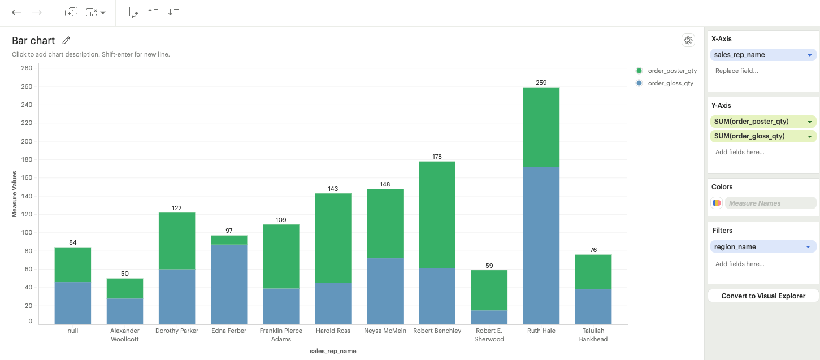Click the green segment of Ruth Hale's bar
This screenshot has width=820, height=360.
(x=541, y=127)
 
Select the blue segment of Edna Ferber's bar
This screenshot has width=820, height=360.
(x=229, y=284)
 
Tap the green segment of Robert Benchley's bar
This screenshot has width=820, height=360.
(x=437, y=215)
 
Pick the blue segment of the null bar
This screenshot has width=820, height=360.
(x=73, y=303)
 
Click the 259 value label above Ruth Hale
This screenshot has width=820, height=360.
(x=541, y=83)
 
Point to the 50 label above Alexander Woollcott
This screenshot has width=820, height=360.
(x=125, y=274)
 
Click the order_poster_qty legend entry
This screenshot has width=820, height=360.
(x=672, y=71)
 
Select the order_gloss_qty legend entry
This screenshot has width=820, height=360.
(x=670, y=83)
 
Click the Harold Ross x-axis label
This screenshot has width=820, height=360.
(x=333, y=331)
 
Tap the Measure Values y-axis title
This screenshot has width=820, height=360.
(x=15, y=194)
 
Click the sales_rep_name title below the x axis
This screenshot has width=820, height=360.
(x=333, y=351)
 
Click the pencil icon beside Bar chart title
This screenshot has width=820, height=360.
(x=67, y=40)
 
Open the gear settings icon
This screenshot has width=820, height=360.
(x=688, y=40)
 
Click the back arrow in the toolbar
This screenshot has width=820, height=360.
(x=17, y=12)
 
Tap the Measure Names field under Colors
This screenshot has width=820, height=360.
(x=771, y=203)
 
